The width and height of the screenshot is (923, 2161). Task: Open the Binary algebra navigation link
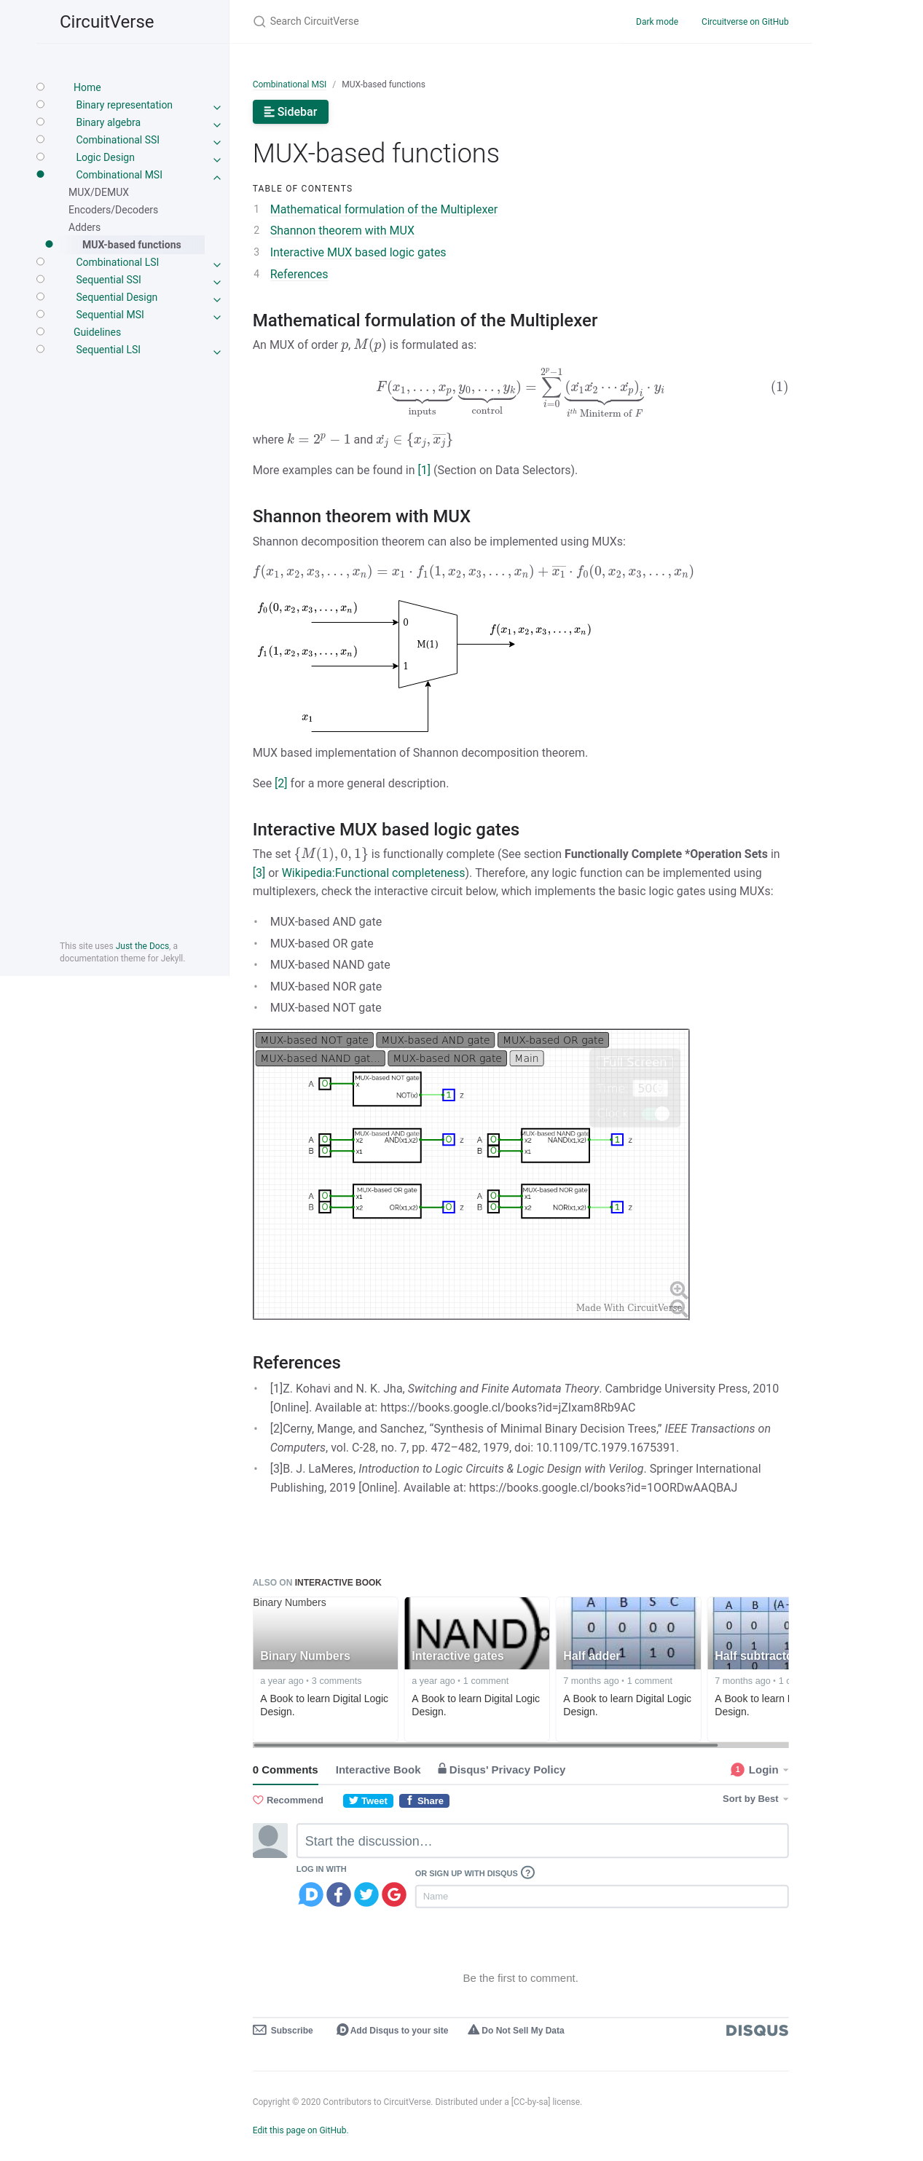[x=109, y=122]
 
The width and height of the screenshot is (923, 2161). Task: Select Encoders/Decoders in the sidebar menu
[x=112, y=210]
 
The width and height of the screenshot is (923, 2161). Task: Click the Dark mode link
[x=656, y=22]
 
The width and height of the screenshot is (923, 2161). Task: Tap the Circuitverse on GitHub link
[x=745, y=22]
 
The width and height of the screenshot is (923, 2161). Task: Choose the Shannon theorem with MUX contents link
[x=342, y=231]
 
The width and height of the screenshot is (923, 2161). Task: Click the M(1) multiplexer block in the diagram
[x=427, y=645]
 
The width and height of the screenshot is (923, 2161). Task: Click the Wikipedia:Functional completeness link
[x=372, y=873]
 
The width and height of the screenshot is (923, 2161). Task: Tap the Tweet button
[x=367, y=1800]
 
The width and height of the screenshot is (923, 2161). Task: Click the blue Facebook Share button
[x=424, y=1800]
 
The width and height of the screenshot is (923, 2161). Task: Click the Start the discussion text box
[x=541, y=1841]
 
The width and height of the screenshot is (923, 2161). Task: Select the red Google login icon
[x=393, y=1894]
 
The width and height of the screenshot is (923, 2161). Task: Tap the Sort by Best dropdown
[x=753, y=1798]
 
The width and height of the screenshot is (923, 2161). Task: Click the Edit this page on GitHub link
[x=299, y=2130]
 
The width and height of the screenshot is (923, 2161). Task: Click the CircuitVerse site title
[x=106, y=23]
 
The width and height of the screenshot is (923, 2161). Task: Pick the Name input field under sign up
[x=601, y=1896]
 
